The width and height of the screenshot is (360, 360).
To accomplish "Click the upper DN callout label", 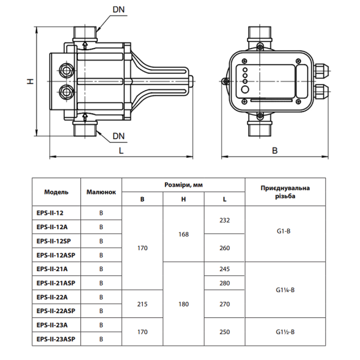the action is coord(118,10).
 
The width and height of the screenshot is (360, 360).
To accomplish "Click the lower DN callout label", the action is coord(118,136).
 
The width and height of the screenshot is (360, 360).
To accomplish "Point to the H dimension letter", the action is coord(31,81).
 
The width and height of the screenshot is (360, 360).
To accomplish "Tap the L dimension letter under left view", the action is coord(121,151).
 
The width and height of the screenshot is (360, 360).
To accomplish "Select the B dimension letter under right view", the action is coord(275,151).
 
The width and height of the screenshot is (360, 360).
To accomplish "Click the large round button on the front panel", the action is coord(245,89).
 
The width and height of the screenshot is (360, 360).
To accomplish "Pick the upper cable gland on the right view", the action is coord(322,71).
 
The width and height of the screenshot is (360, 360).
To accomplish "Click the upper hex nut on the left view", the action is coord(67,70).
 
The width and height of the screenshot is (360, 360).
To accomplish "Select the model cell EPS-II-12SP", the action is coord(54,241).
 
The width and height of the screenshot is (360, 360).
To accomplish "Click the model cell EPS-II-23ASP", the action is coord(56,339).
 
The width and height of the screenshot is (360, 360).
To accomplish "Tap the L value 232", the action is coord(224,220).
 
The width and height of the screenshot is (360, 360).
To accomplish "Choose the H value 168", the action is coord(184,234).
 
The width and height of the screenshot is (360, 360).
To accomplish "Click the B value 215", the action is coord(142,304).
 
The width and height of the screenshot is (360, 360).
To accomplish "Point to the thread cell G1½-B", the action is coord(285,332).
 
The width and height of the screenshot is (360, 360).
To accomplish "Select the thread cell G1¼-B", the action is coord(285,290).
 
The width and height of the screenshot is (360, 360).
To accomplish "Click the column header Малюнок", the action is coord(101,192).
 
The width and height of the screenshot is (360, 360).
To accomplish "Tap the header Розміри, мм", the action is coord(184,185).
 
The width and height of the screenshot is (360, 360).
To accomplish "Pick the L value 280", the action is coord(224,283).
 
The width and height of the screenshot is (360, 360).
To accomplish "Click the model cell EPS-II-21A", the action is coord(52,269).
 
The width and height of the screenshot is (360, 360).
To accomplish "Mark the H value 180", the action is coord(184,304).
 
